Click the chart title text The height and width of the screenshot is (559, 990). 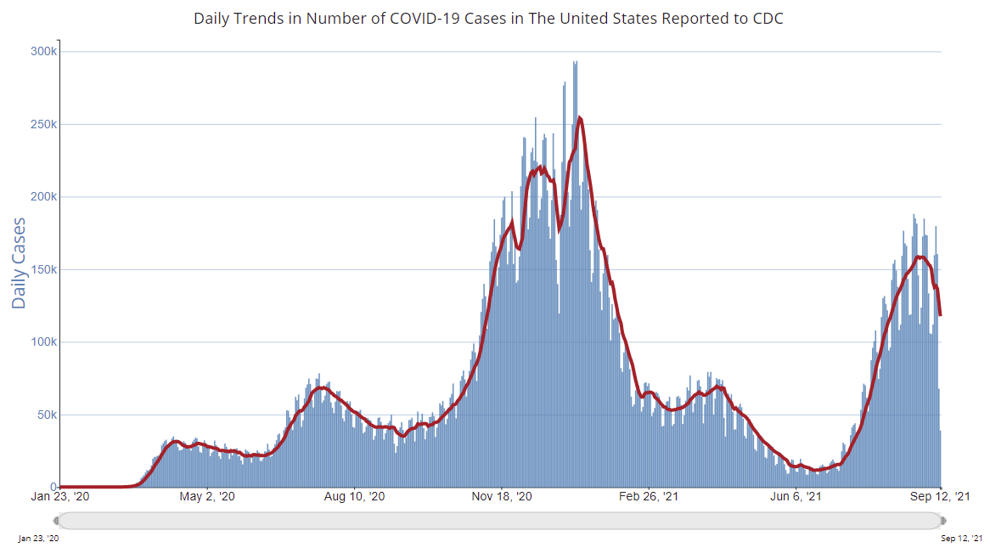488,18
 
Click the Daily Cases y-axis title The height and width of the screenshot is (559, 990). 19,263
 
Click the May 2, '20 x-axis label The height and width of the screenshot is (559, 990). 207,497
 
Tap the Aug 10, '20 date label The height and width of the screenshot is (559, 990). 354,497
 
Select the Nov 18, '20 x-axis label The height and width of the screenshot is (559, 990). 502,497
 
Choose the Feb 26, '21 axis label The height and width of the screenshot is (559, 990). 649,497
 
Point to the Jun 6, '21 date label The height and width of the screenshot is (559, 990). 796,497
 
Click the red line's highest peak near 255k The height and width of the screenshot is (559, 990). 579,118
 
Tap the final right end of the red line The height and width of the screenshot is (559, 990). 941,315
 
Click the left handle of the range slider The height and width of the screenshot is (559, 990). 57,521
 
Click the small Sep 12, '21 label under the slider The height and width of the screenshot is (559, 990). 961,539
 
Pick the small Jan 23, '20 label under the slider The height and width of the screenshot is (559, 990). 39,539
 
